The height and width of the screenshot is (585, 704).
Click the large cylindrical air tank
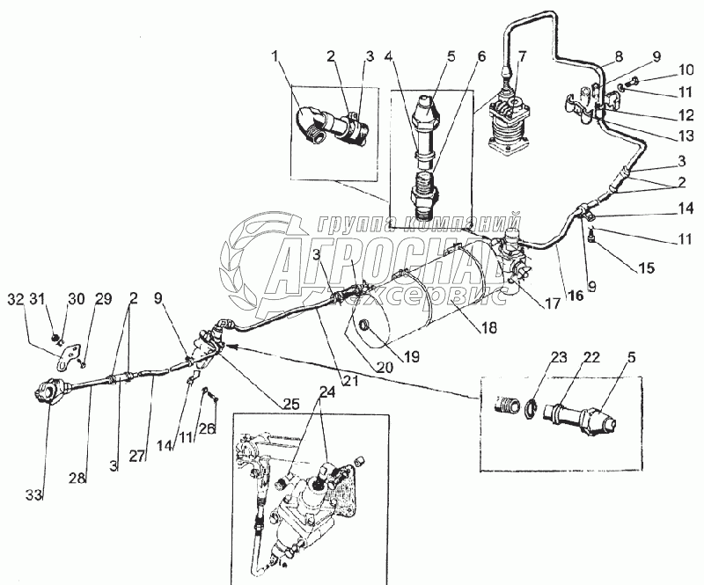point(422,303)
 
